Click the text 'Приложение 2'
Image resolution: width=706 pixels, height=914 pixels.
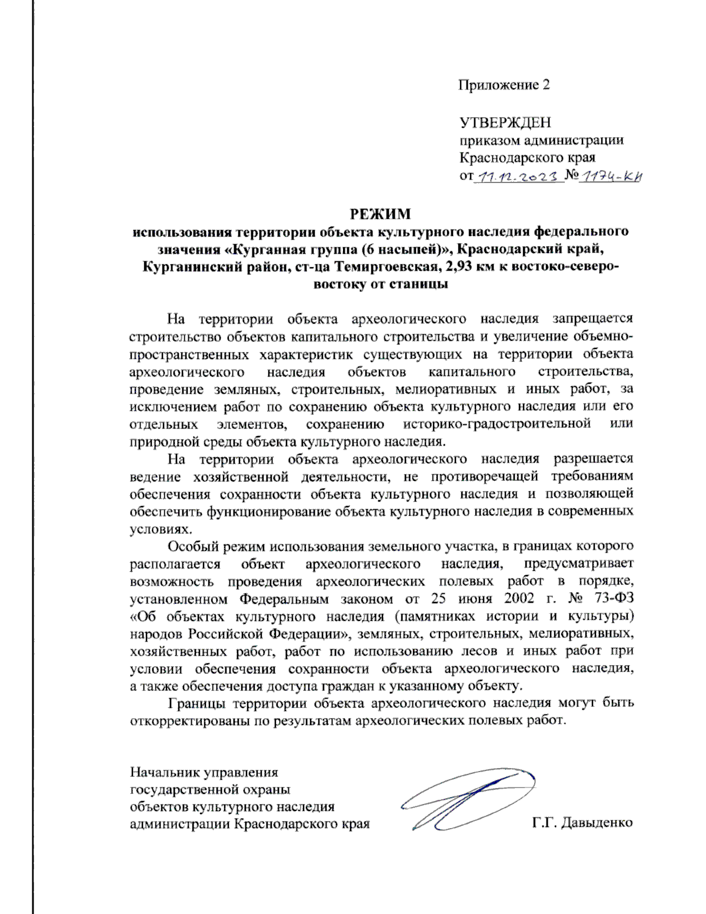click(504, 85)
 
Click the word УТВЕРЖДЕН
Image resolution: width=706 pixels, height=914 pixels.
click(505, 122)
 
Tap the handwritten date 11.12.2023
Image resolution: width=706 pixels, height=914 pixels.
click(518, 176)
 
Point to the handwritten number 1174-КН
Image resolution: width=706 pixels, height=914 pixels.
click(610, 176)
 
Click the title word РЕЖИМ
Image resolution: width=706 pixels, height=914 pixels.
click(381, 213)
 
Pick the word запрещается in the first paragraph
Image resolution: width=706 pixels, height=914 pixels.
click(592, 318)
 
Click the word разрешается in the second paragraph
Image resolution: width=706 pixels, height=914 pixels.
click(593, 458)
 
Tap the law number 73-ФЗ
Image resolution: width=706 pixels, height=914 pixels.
click(614, 599)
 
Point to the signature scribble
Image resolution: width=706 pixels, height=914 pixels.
click(465, 799)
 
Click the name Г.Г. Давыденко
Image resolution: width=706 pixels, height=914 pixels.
click(582, 822)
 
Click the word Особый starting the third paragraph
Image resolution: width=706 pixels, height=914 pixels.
click(192, 546)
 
